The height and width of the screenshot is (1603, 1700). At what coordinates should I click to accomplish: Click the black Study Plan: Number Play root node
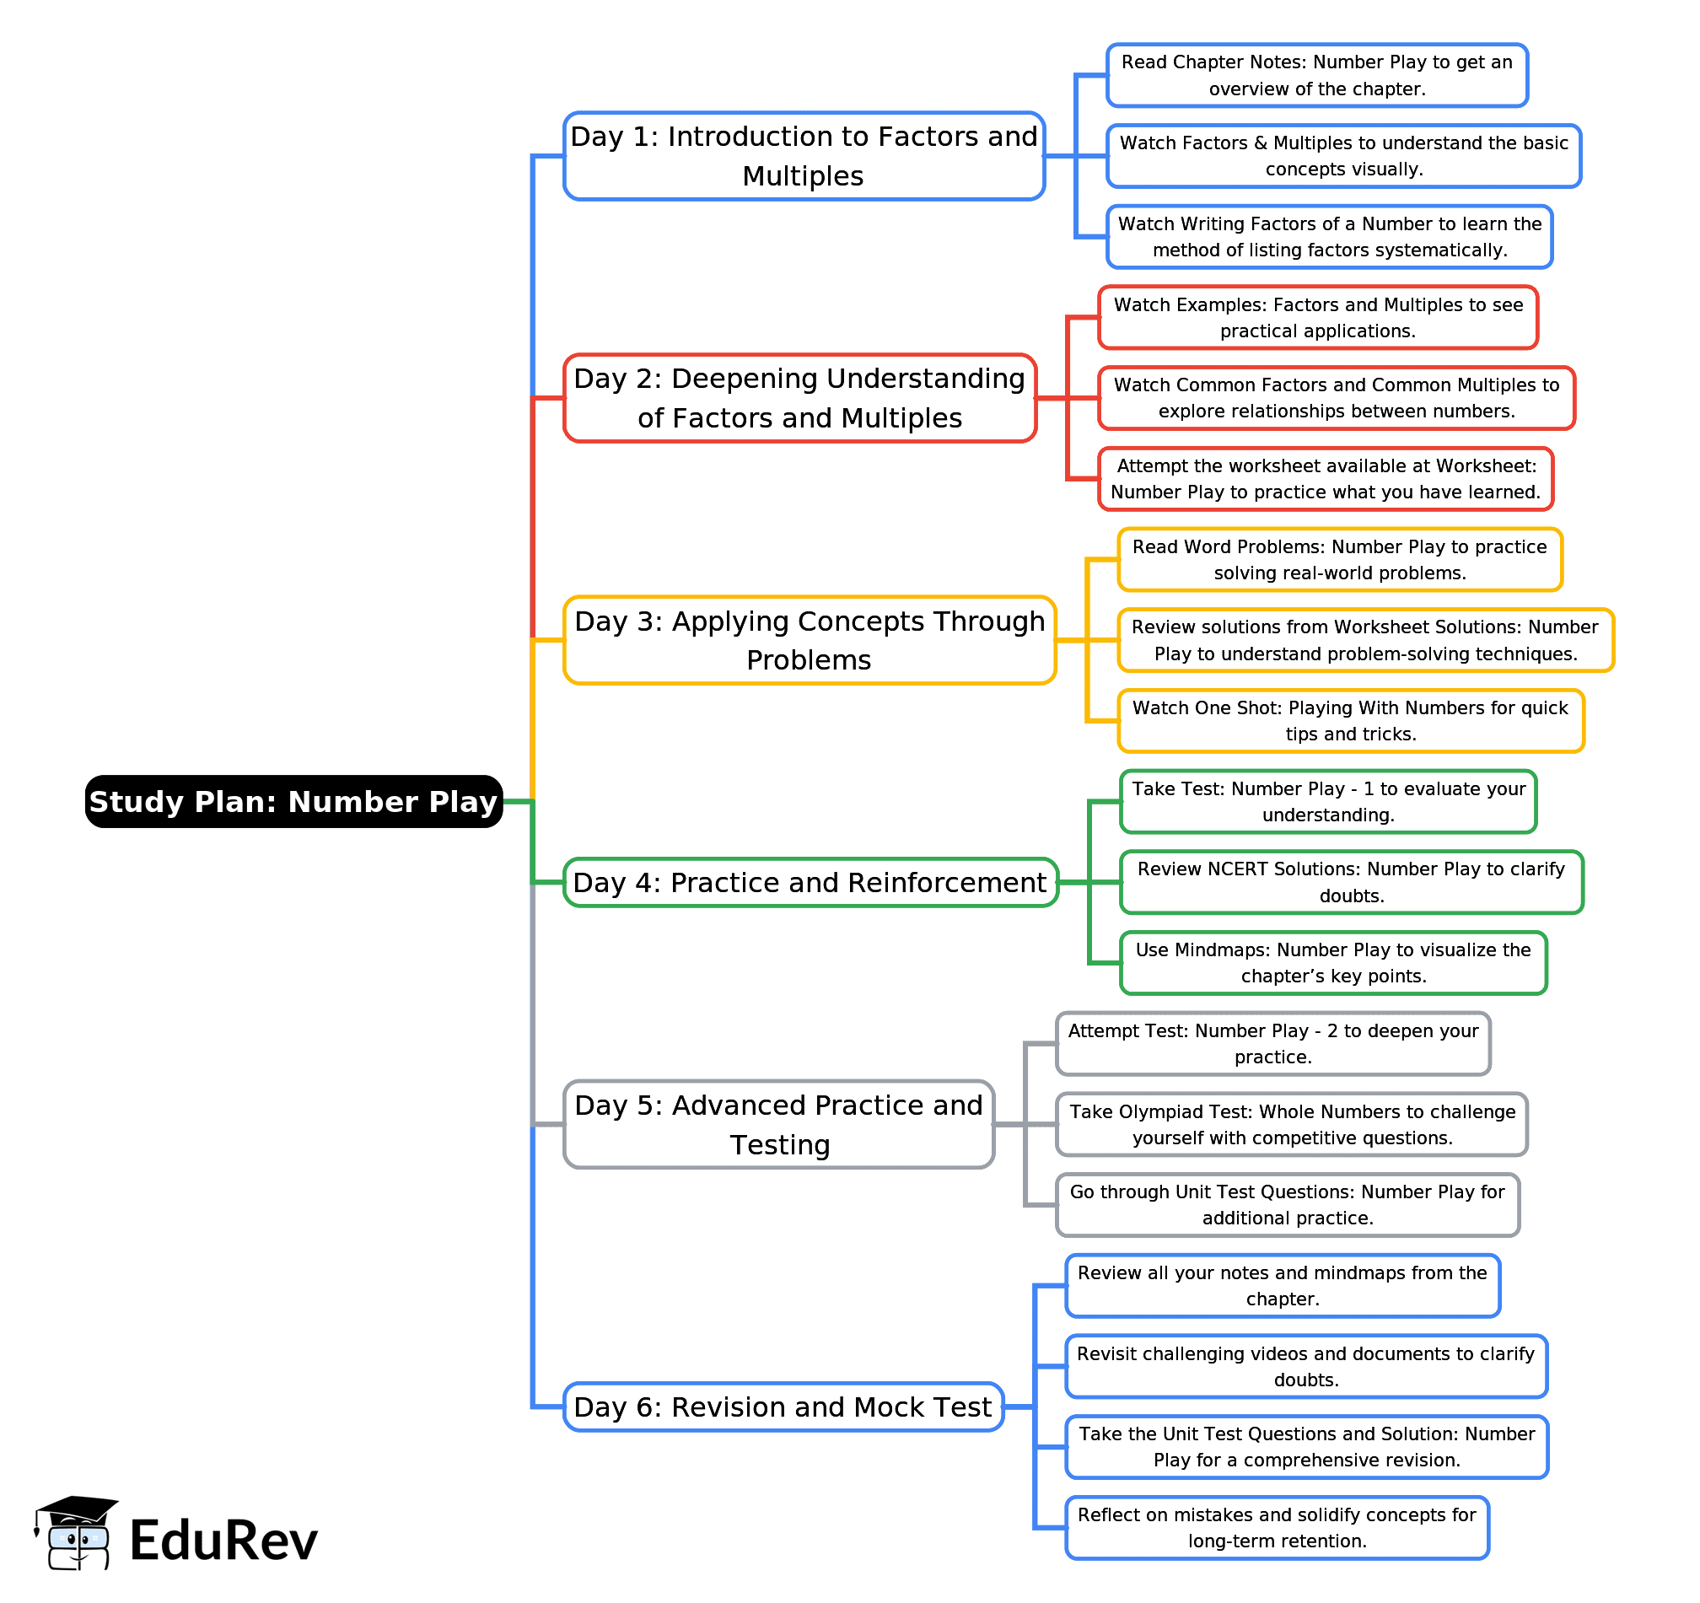coord(294,802)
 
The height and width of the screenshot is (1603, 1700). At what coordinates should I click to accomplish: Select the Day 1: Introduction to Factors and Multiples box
coord(804,157)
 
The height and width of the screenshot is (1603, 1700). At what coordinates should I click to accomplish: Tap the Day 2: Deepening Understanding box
coord(800,398)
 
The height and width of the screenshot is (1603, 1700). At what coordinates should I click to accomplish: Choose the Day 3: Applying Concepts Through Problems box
coord(810,640)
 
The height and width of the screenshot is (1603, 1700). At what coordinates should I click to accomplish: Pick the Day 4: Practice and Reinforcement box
coord(810,882)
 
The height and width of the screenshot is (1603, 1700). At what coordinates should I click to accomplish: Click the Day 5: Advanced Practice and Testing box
coord(779,1125)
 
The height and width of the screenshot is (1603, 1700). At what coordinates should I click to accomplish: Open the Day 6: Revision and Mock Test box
coord(783,1407)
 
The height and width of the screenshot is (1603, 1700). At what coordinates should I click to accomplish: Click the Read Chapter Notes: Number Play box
coord(1318,75)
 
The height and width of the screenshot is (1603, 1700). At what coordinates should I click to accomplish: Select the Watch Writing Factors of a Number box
coord(1331,237)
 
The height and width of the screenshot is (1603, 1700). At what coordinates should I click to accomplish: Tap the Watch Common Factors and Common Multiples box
coord(1337,398)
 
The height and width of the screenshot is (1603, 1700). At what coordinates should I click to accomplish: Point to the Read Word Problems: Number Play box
coord(1341,560)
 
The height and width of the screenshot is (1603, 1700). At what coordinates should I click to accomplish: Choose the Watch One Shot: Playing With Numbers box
coord(1352,722)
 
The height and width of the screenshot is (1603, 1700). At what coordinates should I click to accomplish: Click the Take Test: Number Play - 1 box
coord(1329,802)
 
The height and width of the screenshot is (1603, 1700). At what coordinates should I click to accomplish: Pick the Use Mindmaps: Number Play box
coord(1334,964)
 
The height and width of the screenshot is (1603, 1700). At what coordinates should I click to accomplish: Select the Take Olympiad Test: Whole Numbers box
coord(1292,1125)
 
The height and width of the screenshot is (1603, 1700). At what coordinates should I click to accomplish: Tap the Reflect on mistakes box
coord(1278,1529)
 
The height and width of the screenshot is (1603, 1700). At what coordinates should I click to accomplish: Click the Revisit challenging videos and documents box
coord(1307,1367)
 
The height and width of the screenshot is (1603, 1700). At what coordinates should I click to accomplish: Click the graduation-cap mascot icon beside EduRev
coord(75,1534)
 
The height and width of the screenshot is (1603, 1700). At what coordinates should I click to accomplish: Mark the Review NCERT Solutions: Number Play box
coord(1352,882)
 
